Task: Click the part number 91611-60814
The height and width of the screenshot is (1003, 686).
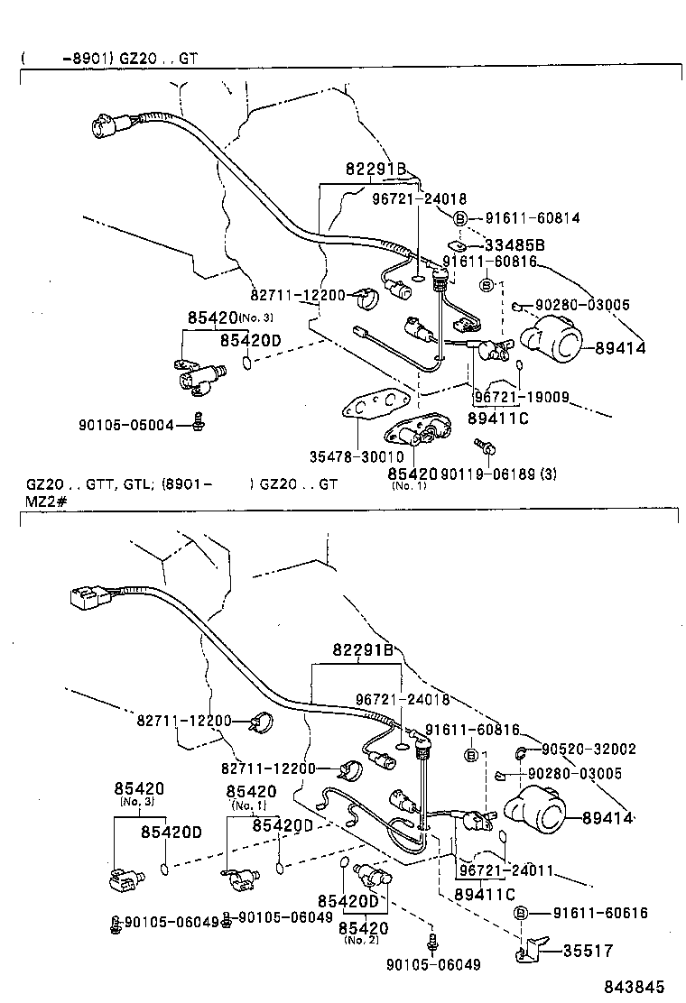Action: point(533,217)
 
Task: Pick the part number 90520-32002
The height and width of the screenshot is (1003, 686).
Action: point(590,749)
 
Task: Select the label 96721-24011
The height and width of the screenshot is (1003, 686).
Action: point(505,872)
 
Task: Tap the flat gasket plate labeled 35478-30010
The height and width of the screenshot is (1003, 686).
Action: point(372,407)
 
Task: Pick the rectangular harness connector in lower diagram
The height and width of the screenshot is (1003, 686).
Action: point(84,597)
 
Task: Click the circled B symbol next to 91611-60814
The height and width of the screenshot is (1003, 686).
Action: point(460,218)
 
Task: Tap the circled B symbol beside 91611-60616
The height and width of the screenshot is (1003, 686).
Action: point(521,914)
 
